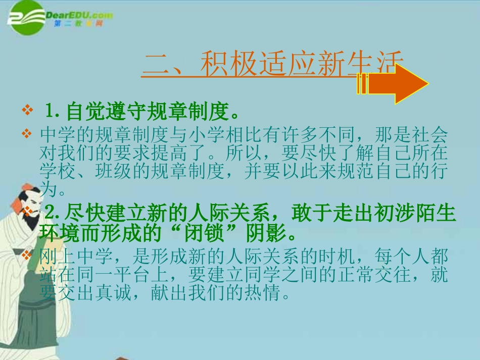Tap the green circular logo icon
coord(26,19)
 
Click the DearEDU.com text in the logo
coord(78,15)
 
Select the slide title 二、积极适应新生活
coord(273,64)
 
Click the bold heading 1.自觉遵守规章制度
coord(141,110)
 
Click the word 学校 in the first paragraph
coord(54,172)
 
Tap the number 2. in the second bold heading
coord(53,212)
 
